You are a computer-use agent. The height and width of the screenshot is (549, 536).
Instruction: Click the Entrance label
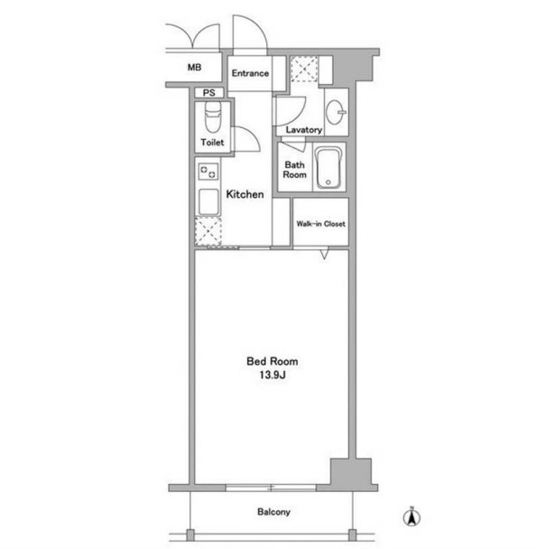click(x=250, y=73)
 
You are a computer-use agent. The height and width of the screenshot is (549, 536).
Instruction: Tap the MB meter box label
click(x=195, y=67)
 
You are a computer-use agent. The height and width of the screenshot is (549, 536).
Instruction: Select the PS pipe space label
click(x=208, y=93)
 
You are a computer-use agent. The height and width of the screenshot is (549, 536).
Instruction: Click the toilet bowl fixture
click(x=213, y=117)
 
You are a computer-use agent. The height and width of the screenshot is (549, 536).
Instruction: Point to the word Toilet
click(x=212, y=142)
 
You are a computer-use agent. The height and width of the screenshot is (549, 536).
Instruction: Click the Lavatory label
click(x=304, y=130)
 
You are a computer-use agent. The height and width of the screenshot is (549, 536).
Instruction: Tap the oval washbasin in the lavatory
click(x=336, y=112)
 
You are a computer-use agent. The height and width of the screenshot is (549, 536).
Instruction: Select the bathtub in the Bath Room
click(x=328, y=168)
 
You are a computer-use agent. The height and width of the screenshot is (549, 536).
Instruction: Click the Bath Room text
click(x=294, y=170)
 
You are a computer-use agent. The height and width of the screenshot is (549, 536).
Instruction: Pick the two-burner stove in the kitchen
click(x=208, y=172)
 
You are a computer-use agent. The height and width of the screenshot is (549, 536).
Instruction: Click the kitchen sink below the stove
click(x=208, y=201)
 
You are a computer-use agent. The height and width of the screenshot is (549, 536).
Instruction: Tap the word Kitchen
click(x=245, y=194)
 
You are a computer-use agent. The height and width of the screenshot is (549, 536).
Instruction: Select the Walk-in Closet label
click(x=321, y=224)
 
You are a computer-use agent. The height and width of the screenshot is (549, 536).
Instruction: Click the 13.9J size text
click(x=273, y=376)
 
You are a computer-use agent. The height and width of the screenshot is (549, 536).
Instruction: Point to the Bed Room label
click(x=273, y=361)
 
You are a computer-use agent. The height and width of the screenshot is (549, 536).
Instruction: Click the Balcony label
click(x=273, y=512)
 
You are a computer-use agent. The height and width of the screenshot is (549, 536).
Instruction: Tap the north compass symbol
click(x=411, y=516)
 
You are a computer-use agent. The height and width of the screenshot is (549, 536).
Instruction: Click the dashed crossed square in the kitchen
click(x=208, y=231)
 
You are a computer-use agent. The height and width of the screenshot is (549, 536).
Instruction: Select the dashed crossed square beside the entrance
click(x=304, y=69)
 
